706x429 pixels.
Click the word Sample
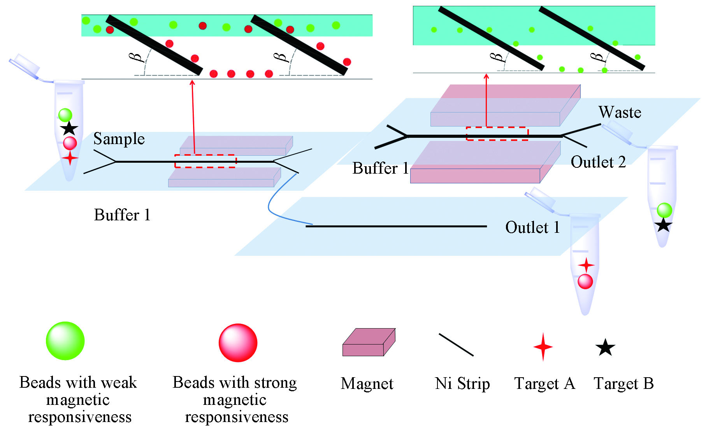[x=119, y=139]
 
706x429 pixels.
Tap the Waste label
[x=620, y=112]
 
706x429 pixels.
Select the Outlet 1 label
[x=532, y=227]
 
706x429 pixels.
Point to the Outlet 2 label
[x=598, y=162]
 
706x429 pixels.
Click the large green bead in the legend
[x=65, y=341]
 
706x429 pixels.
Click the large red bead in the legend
[x=238, y=343]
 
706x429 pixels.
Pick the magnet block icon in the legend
[x=369, y=342]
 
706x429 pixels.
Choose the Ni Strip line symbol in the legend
[x=456, y=345]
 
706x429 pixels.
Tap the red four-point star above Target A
[x=543, y=346]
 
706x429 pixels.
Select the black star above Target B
[x=605, y=347]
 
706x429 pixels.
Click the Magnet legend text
[x=367, y=384]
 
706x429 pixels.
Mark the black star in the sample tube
[x=69, y=128]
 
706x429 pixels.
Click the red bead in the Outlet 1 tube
[x=585, y=281]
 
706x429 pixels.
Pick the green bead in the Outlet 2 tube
[x=664, y=210]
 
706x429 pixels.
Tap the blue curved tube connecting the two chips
[x=272, y=210]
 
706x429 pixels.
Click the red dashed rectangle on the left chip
[x=205, y=161]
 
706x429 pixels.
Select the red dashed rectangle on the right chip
[x=497, y=134]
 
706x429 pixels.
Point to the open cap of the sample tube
[x=24, y=65]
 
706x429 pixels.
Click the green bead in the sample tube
[x=65, y=115]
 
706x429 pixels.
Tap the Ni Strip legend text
[x=462, y=384]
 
